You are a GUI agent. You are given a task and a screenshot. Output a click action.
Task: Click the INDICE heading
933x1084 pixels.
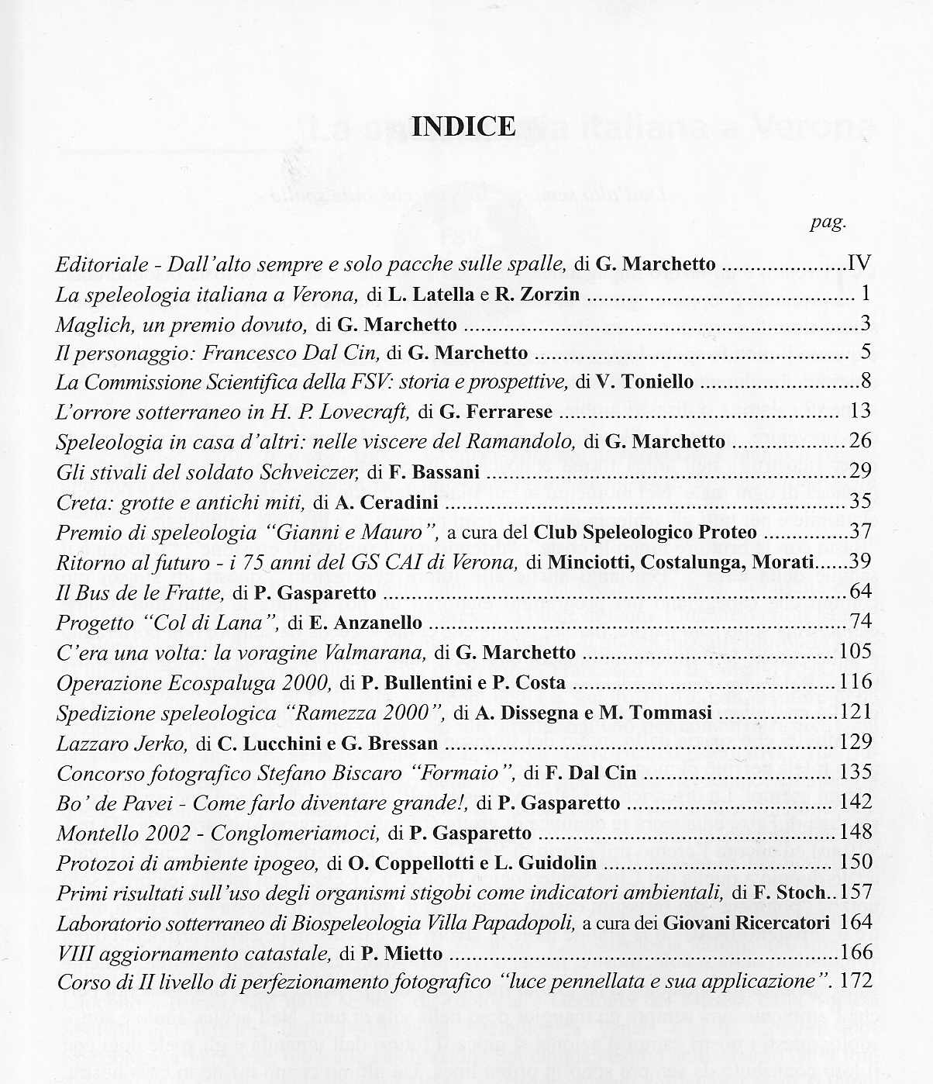pos(463,126)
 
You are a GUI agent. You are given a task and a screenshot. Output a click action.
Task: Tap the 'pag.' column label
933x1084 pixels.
pos(828,223)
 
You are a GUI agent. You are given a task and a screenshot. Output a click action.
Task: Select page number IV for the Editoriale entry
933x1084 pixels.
pos(860,264)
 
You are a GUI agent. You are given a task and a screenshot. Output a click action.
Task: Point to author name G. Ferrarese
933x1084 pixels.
pos(496,412)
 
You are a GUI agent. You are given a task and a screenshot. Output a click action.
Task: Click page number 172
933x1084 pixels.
pos(856,981)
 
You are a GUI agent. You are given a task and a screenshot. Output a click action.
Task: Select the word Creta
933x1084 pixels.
pos(80,502)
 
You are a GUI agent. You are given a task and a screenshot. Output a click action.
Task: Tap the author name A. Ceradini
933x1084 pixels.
pos(387,502)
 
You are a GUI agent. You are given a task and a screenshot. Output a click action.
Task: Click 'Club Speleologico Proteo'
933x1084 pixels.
pos(646,533)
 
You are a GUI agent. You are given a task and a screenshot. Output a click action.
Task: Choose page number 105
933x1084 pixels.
pos(856,652)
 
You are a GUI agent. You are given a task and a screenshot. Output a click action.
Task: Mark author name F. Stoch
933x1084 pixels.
pos(790,892)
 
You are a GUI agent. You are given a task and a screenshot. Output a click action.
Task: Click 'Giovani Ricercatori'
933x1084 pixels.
pos(746,923)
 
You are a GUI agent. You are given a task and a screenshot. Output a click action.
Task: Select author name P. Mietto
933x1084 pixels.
pos(402,953)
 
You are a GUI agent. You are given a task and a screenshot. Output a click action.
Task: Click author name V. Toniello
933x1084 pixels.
pos(645,382)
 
